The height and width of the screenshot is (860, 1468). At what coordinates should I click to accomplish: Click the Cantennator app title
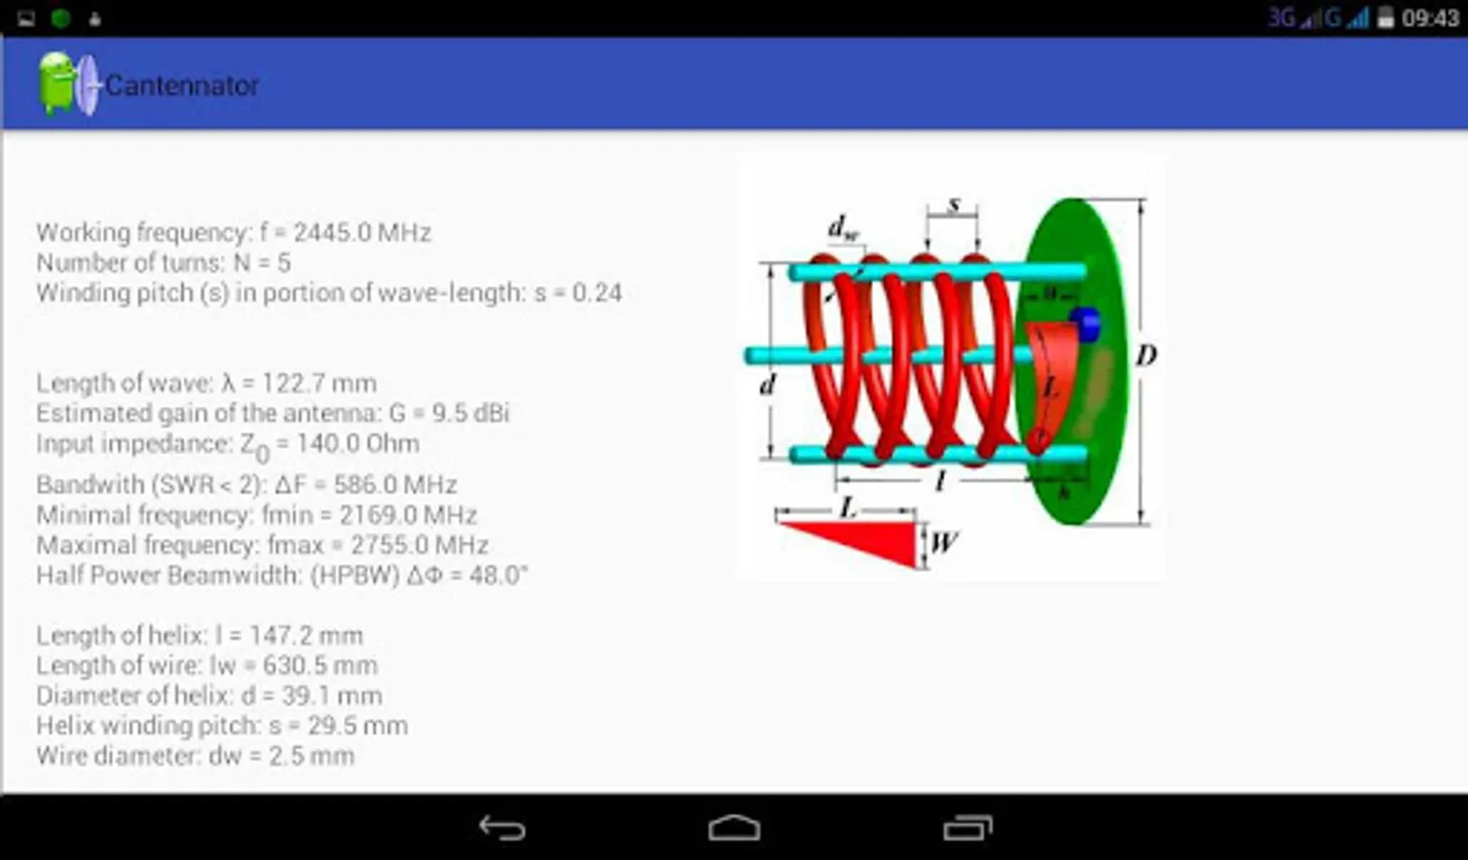182,85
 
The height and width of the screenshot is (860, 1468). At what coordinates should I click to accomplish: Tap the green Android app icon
56,84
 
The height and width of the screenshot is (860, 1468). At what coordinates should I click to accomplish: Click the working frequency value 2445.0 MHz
362,232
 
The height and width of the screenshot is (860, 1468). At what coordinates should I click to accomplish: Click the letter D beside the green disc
1146,356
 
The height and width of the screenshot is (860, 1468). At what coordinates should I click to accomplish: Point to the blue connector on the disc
1085,323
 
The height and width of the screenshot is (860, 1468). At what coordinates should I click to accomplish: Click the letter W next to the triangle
943,542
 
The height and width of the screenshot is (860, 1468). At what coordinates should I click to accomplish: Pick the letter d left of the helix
766,385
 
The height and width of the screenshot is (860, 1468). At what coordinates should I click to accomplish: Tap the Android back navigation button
502,828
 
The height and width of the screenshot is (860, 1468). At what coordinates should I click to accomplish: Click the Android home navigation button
734,828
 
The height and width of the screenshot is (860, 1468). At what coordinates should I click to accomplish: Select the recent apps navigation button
967,828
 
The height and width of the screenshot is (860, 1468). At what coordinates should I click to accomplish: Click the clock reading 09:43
1430,18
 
